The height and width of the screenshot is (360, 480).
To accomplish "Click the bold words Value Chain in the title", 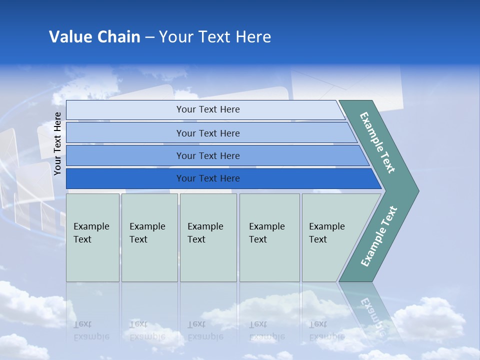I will coord(94,37).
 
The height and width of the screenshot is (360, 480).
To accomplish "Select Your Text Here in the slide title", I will coord(215,37).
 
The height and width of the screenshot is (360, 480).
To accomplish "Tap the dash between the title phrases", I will coord(149,37).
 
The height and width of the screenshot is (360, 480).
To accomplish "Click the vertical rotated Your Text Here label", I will coord(57,143).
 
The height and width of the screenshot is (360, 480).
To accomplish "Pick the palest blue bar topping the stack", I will coord(208,109).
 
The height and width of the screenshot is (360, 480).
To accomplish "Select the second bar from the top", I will coord(208,133).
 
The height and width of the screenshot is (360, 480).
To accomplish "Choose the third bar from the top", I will coord(208,155).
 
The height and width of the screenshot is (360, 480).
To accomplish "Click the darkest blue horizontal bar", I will coord(208,178).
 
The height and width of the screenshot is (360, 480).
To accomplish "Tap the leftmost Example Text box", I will coord(92,237).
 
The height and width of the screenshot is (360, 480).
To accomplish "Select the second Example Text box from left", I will coord(149,237).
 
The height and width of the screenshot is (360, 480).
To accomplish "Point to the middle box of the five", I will coord(207,237).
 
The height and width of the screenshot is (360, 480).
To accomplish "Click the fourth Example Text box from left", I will coord(269,237).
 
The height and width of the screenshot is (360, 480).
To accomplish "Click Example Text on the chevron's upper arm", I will coord(377,142).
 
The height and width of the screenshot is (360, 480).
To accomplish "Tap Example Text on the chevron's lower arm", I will coord(378,236).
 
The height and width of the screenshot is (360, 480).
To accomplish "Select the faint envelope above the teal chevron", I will coord(345,85).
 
